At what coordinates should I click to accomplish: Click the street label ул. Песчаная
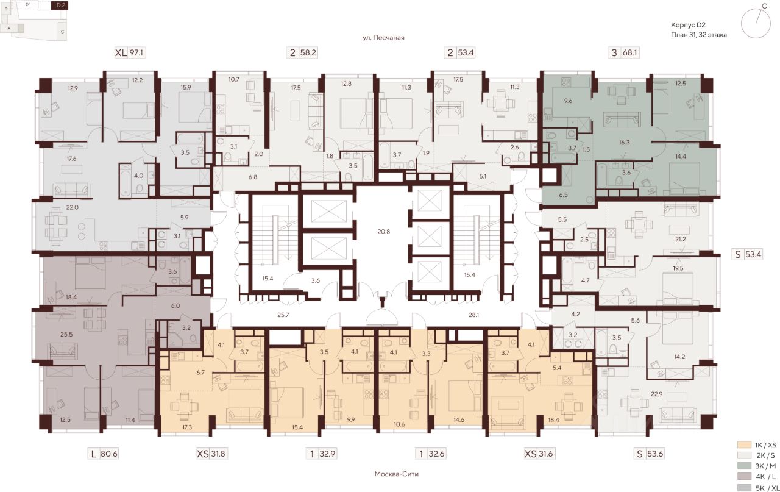[x=383, y=38]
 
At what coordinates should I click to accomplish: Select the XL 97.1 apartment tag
[x=130, y=53]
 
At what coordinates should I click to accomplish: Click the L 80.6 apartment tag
[x=103, y=454]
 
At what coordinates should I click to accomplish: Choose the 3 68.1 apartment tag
[x=625, y=53]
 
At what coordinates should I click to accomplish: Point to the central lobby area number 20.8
[x=383, y=231]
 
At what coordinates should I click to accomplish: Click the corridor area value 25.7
[x=283, y=315]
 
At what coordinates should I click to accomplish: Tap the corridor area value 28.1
[x=473, y=315]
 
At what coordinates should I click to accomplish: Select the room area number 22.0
[x=72, y=207]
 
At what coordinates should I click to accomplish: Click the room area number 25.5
[x=66, y=335]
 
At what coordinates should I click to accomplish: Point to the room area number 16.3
[x=625, y=143]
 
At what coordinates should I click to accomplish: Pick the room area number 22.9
[x=657, y=394]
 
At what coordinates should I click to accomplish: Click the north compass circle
[x=754, y=24]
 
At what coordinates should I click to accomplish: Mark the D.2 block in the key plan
[x=60, y=5]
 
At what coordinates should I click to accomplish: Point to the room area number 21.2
[x=680, y=240]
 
